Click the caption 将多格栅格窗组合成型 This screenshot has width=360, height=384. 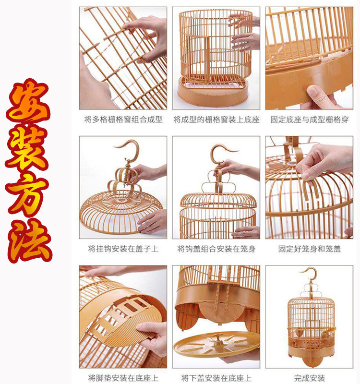pos(123,120)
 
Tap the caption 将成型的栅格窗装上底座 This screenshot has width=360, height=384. pos(216,120)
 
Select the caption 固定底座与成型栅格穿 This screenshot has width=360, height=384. pos(309,120)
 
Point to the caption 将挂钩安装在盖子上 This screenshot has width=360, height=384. pos(123,249)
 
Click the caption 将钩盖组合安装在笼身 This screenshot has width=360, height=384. pos(216,249)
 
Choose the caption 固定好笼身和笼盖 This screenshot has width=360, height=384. pos(309,249)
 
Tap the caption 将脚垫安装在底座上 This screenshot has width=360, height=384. pos(123,378)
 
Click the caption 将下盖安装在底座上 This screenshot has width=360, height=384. pos(216,378)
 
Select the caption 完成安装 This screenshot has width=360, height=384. pos(309,378)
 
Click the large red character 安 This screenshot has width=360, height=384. pos(28,102)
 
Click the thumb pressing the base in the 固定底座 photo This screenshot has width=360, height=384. pos(316,94)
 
